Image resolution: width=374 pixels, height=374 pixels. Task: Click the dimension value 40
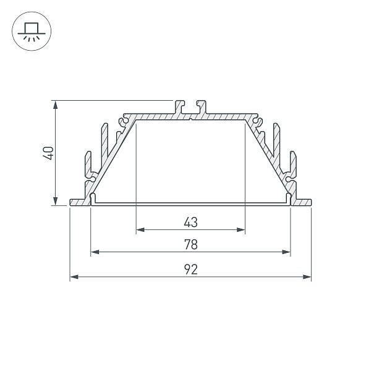pyautogui.click(x=48, y=153)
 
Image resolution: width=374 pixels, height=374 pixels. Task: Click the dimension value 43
pyautogui.click(x=191, y=223)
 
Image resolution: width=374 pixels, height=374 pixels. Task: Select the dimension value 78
pyautogui.click(x=191, y=244)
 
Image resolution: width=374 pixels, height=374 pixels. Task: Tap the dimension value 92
pyautogui.click(x=191, y=270)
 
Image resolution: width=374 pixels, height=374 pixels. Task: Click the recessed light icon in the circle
pyautogui.click(x=32, y=32)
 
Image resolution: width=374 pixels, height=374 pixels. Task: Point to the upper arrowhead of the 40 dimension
pyautogui.click(x=56, y=104)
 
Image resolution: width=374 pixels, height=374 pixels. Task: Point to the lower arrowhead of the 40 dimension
pyautogui.click(x=56, y=201)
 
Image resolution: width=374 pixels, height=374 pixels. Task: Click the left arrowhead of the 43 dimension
pyautogui.click(x=140, y=230)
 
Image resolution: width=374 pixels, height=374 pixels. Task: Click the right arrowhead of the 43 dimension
pyautogui.click(x=241, y=230)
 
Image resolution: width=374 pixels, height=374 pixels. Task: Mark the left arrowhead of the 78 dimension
pyautogui.click(x=95, y=252)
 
